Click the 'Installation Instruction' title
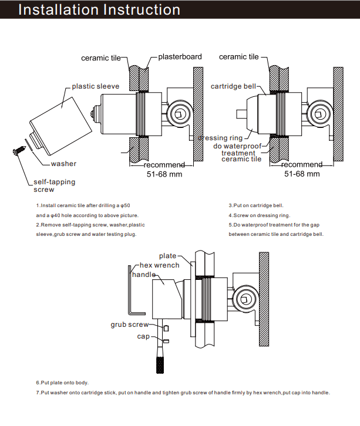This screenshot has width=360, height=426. (99, 10)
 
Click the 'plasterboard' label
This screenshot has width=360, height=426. (180, 57)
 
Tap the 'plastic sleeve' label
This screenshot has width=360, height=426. (95, 86)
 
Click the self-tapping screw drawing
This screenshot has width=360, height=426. (17, 152)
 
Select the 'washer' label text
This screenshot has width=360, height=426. (63, 164)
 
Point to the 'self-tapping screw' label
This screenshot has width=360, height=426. (54, 185)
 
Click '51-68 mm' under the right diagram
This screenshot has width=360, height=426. (302, 174)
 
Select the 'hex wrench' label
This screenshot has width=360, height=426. (160, 265)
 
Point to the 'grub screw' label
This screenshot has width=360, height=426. (130, 324)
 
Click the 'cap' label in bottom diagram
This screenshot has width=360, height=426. (143, 336)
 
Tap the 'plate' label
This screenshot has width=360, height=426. (167, 256)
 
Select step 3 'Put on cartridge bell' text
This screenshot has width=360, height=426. (256, 206)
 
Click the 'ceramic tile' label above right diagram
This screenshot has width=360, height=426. (239, 57)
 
